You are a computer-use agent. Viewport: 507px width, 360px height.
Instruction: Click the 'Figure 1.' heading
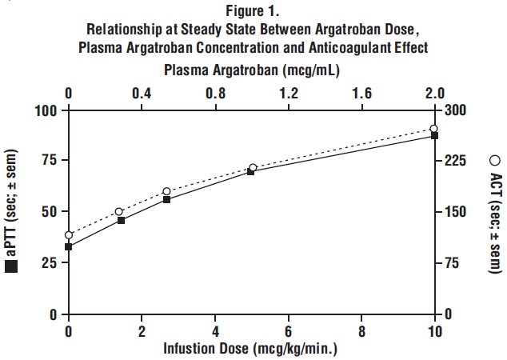253,10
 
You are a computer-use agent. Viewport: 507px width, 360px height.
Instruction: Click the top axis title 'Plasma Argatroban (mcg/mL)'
253,70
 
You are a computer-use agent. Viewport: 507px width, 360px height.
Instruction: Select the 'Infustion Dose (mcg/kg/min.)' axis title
250,350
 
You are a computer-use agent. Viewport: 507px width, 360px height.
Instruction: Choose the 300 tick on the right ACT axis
453,110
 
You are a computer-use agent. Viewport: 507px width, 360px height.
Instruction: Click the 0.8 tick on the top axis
215,93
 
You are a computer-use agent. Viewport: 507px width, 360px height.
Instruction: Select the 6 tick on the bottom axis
289,330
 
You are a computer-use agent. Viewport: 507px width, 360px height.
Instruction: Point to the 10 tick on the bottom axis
435,330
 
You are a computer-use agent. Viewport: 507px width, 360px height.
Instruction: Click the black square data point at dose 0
69,246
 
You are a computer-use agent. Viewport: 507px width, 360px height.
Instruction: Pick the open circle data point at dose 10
434,129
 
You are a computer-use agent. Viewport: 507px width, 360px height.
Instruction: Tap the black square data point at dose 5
251,171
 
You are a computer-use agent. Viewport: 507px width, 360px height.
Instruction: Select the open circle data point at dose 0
69,235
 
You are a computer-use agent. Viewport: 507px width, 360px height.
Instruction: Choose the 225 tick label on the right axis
453,161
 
